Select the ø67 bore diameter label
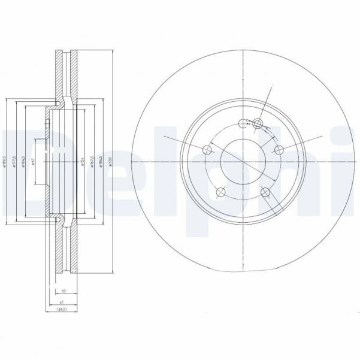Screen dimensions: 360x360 tap(33, 162)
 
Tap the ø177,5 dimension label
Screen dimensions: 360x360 tap(13, 162)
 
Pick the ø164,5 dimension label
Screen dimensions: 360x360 tap(23, 162)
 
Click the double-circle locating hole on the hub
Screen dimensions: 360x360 tap(258, 124)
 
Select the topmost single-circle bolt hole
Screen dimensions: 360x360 tap(243, 124)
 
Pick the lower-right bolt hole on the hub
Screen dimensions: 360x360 tap(265, 192)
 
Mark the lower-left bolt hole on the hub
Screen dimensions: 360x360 tap(220, 192)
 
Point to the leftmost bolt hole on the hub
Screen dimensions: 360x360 tap(207, 150)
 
